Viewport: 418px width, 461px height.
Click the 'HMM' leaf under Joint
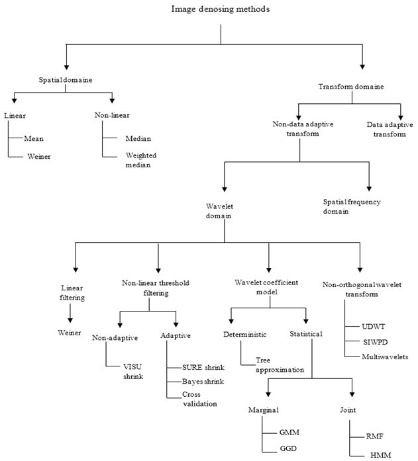(376, 454)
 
